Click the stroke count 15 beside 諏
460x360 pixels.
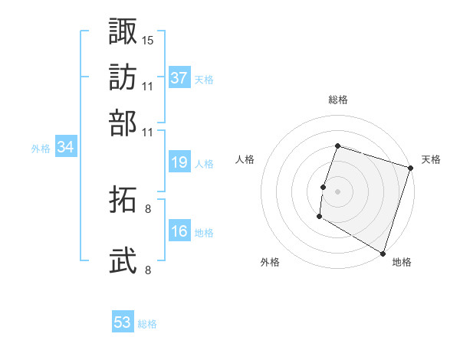tap(148, 39)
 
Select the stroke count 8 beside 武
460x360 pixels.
tap(148, 270)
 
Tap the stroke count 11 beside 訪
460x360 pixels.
tap(148, 86)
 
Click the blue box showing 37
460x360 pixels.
tap(179, 78)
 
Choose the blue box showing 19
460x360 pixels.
tap(179, 162)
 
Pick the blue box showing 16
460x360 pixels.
tap(179, 231)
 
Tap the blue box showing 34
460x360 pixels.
tap(65, 148)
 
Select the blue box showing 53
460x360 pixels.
tap(123, 323)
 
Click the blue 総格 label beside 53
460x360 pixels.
tap(147, 324)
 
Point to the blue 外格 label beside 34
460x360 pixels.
tap(41, 149)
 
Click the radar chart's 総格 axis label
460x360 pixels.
tap(337, 100)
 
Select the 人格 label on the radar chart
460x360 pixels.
tap(245, 159)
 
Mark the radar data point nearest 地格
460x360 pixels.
tap(383, 252)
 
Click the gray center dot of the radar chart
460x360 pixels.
tap(337, 191)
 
